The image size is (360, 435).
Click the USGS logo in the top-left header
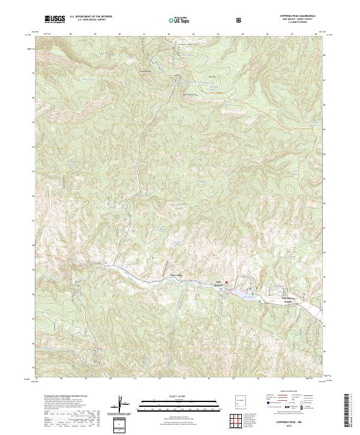(x=55, y=20)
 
